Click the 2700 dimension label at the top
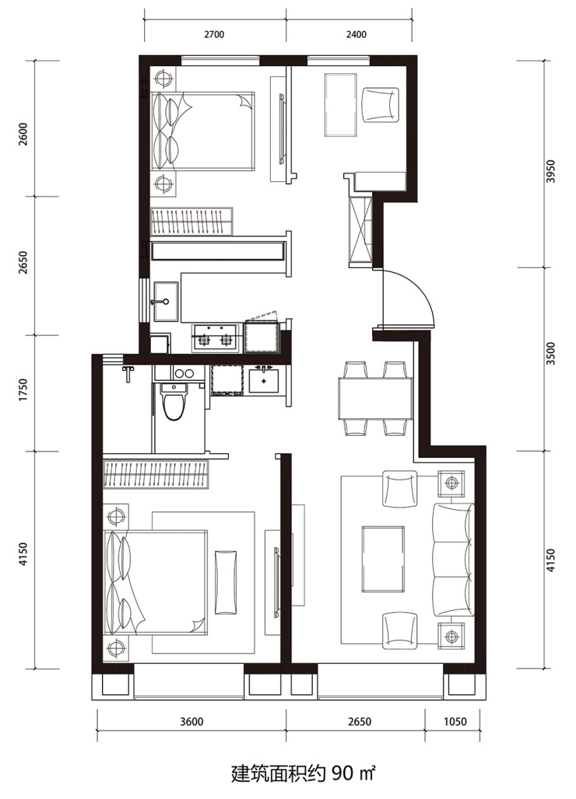pos(214,35)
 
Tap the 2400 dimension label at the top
pos(356,35)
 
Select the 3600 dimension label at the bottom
pos(191,721)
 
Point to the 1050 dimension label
pos(455,721)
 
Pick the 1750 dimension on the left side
pos(23,389)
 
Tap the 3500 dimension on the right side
pos(550,353)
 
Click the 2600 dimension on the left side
pos(23,134)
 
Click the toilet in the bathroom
pos(174,401)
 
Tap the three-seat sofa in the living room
pos(453,559)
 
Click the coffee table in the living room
pos(383,559)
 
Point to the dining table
pos(375,398)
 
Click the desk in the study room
pos(341,104)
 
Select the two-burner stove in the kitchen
pos(215,337)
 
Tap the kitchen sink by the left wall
pos(167,301)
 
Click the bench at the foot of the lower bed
pos(226,582)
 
